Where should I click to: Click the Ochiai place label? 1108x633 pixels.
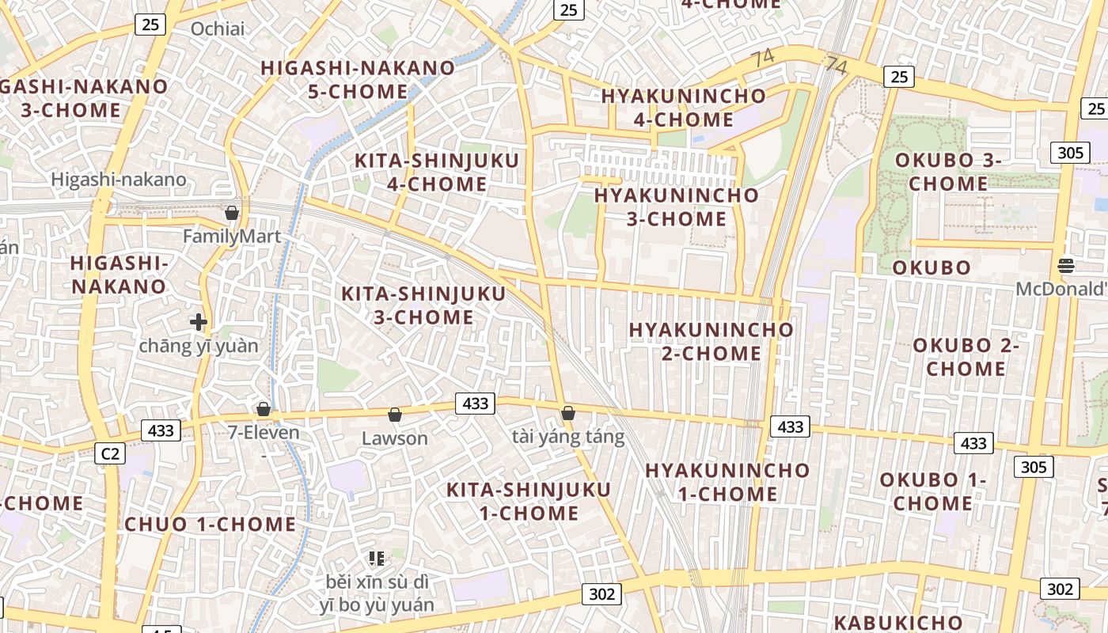(x=218, y=29)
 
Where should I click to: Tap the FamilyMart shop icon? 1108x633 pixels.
(x=232, y=213)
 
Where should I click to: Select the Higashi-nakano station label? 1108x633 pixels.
(x=119, y=180)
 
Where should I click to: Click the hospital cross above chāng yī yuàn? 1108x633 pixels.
(x=199, y=322)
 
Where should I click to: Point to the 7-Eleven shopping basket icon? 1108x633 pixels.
(x=264, y=409)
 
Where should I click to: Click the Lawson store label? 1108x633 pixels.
(x=394, y=438)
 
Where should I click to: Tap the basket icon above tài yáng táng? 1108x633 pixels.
(x=567, y=413)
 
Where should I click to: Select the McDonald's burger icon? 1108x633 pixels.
(x=1066, y=265)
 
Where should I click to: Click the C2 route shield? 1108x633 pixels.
(x=109, y=453)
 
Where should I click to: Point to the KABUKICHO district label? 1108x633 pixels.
(x=898, y=622)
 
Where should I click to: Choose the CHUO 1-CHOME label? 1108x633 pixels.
(x=211, y=524)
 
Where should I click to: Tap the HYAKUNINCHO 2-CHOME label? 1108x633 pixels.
(x=711, y=341)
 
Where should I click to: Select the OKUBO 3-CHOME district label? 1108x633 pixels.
(x=948, y=172)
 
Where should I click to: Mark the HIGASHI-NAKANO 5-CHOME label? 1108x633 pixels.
(x=358, y=79)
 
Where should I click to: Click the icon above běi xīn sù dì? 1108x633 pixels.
(x=377, y=559)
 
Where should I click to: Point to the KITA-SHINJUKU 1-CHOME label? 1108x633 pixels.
(x=529, y=501)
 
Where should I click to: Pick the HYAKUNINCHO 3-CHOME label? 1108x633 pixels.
(x=677, y=207)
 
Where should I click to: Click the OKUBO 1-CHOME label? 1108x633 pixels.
(x=933, y=491)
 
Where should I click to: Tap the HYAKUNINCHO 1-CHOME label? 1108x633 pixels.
(x=727, y=482)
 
